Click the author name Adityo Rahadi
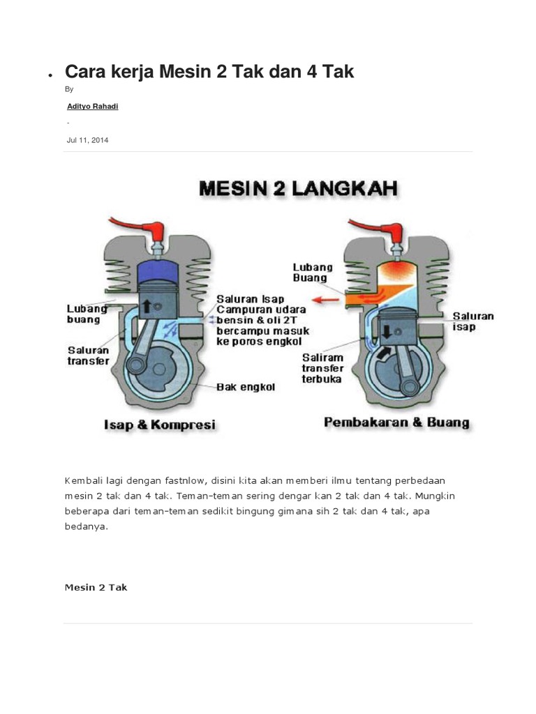click(87, 106)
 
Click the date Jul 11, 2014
click(87, 140)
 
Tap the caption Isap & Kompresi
click(160, 425)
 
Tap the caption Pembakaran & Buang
click(396, 423)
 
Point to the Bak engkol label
click(246, 387)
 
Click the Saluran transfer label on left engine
click(88, 356)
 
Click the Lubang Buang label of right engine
click(313, 272)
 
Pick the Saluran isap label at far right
click(472, 321)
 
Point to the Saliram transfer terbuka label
click(322, 368)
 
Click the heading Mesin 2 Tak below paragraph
click(96, 587)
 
